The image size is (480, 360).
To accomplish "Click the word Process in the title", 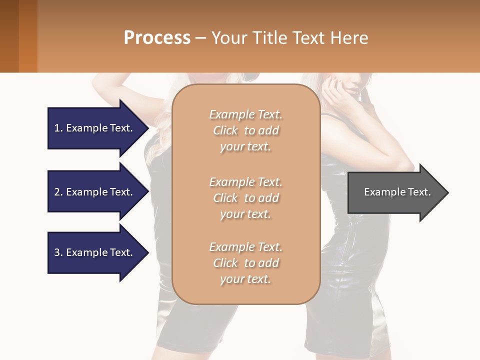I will (x=157, y=37).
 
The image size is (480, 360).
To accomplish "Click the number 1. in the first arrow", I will (x=58, y=128).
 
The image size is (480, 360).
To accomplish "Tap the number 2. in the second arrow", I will (x=58, y=192).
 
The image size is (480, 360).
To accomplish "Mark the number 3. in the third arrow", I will (x=58, y=252).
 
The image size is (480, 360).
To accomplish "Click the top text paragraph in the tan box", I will (x=245, y=130).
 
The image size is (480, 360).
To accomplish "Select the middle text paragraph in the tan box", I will (x=245, y=198).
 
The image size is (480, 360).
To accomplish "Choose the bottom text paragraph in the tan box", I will (x=245, y=263).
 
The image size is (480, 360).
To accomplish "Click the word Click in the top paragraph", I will (x=225, y=130).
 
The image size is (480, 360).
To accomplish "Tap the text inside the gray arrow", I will (x=397, y=192).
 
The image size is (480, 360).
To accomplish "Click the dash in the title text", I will (x=201, y=38).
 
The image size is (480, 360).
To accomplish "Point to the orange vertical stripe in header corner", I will (x=27, y=36).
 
